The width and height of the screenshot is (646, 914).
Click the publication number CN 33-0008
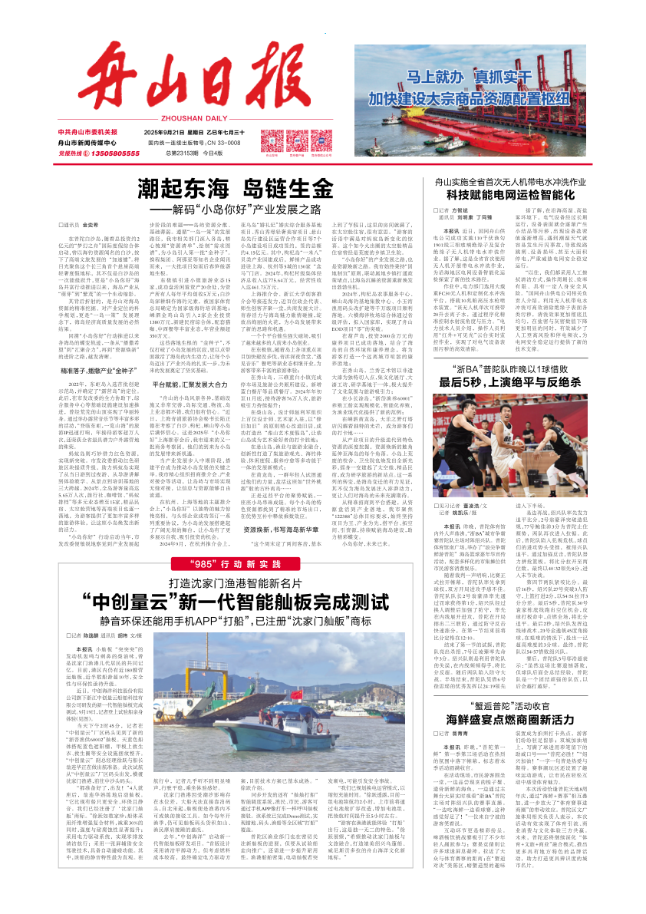(x=220, y=143)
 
